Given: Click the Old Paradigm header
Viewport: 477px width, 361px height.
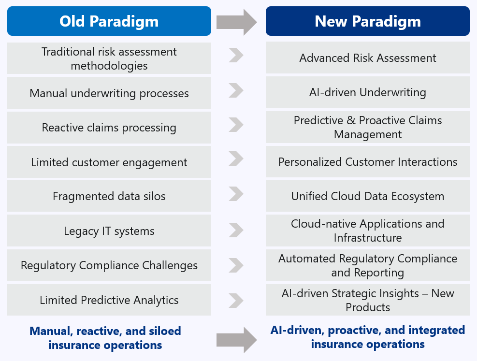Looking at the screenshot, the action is tap(109, 21).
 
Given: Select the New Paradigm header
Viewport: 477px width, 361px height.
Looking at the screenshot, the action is tap(367, 21).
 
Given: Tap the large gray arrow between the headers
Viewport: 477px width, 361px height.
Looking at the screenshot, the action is tap(237, 22).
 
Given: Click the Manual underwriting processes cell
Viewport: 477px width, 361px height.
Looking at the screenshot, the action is tap(109, 93).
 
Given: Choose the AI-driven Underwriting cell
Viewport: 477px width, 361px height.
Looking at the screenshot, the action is tap(367, 92).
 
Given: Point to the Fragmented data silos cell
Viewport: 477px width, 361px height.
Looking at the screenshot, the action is tap(109, 196).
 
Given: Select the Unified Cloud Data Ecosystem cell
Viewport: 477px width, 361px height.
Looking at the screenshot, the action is tap(367, 196).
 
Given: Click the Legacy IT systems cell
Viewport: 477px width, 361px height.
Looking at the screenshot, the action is tap(109, 231).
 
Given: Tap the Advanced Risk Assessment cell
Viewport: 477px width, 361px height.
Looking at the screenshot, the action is tap(367, 58).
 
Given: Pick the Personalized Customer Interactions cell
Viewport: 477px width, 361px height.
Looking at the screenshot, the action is tap(367, 161).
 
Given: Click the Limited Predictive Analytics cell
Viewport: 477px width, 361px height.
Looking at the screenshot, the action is tap(109, 300).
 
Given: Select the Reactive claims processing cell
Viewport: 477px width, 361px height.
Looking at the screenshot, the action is tap(109, 128).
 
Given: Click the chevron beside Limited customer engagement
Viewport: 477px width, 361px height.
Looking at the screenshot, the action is tap(236, 159).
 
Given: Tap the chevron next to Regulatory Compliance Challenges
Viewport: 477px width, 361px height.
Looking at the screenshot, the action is tap(236, 265).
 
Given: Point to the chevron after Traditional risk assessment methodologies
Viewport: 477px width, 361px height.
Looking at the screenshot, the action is tap(236, 55).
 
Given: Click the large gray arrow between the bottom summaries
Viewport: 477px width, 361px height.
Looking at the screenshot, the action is tap(237, 340).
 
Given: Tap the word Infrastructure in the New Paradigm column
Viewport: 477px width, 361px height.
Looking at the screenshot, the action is tap(367, 237).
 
